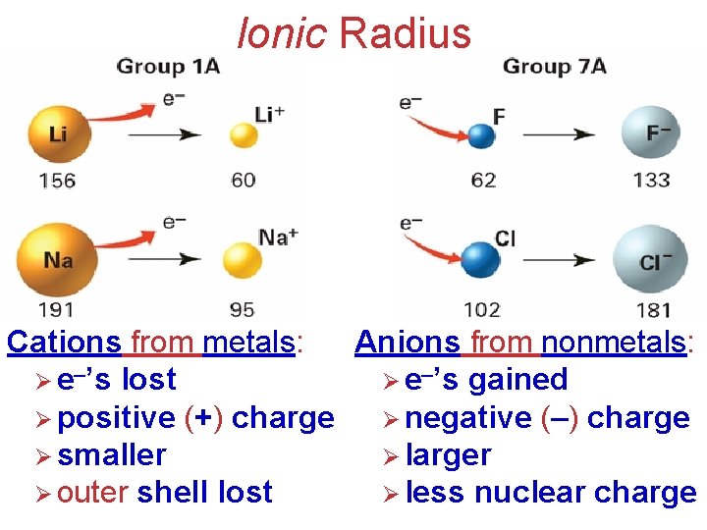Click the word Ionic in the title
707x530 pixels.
283,32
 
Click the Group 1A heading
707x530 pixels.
168,67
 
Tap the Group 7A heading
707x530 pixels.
555,67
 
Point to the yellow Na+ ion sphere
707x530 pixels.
242,261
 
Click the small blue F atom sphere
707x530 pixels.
482,135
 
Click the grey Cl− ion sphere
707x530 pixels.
649,261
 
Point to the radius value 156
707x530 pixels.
57,180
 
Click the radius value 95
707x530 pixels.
242,310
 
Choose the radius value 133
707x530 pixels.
651,180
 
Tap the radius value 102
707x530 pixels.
481,310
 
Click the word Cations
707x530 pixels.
64,343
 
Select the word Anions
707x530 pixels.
407,343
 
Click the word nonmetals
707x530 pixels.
615,343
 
